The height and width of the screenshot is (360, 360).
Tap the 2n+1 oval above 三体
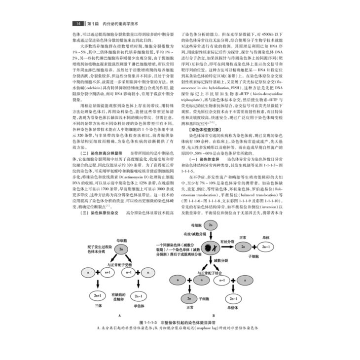pyautogui.click(x=98, y=295)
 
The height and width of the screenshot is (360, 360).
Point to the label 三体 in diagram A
pyautogui.click(x=97, y=307)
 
